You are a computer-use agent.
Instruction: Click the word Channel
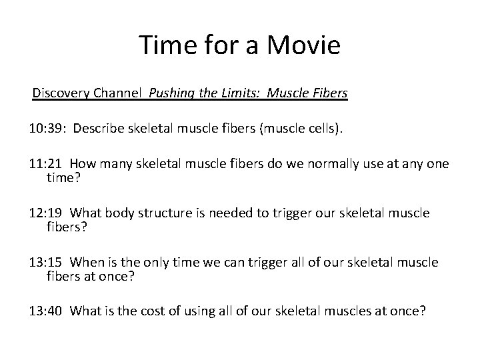point(121,93)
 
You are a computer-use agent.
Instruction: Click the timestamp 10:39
point(46,128)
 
